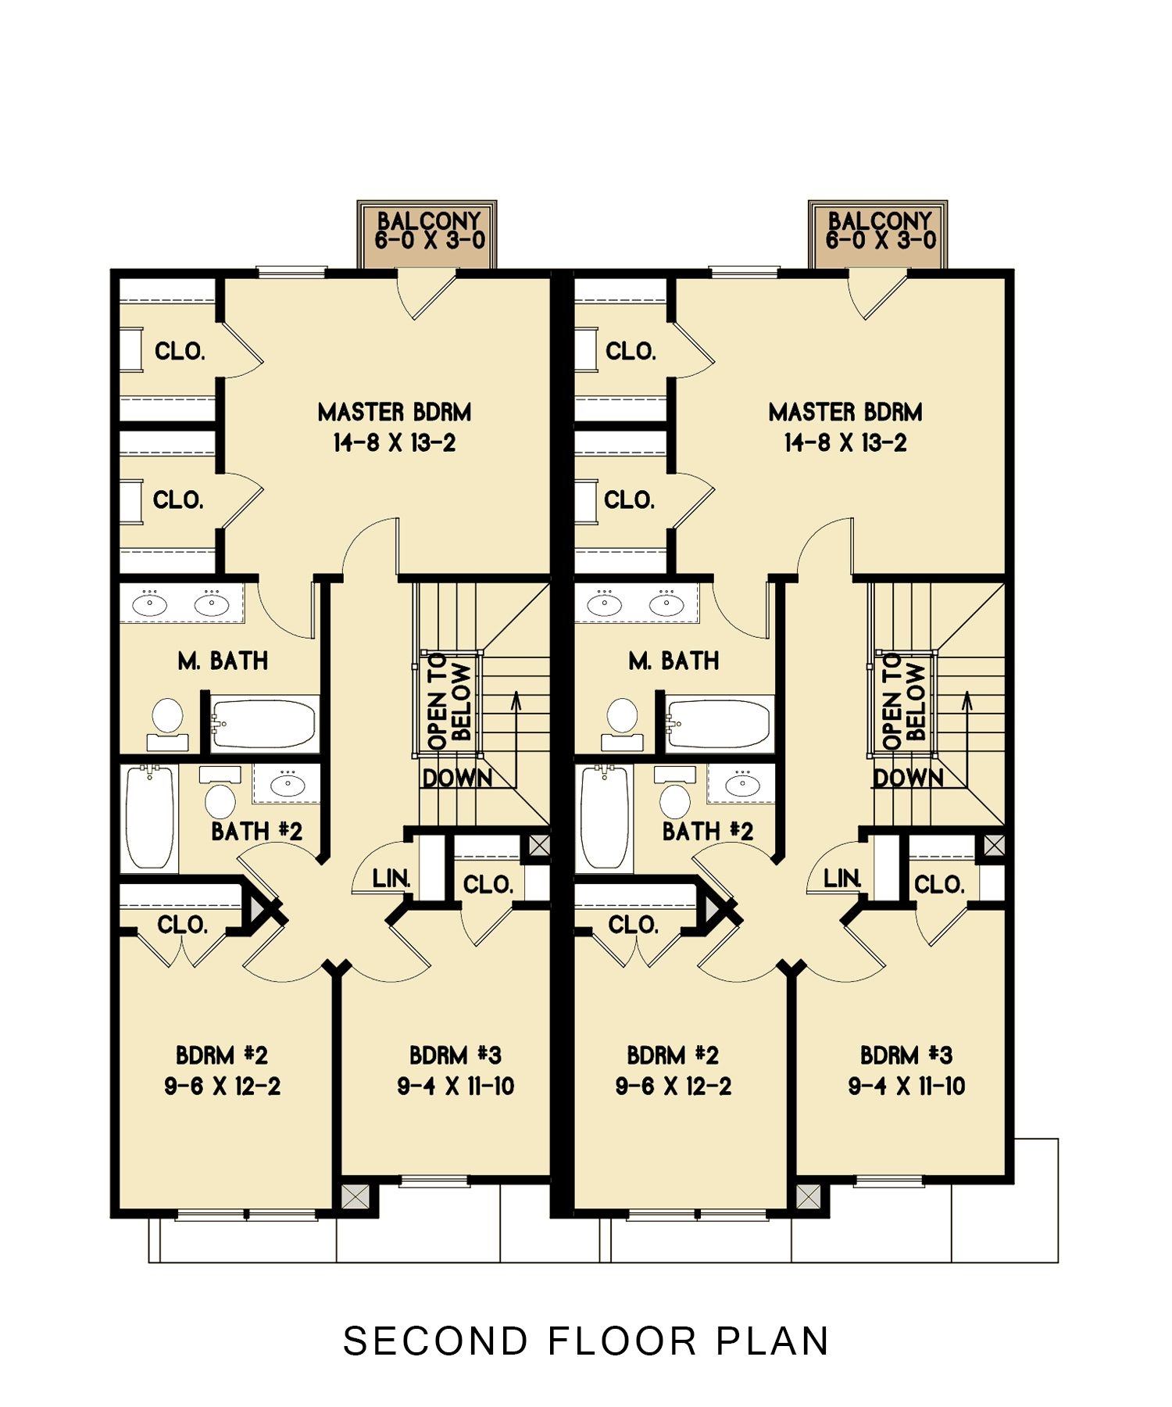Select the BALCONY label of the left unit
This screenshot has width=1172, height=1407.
click(x=428, y=221)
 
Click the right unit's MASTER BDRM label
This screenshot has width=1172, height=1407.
click(x=845, y=412)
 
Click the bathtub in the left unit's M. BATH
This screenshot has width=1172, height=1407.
click(x=264, y=723)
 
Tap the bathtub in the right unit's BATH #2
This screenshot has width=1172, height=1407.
click(x=604, y=817)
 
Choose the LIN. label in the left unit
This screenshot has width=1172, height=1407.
click(x=391, y=879)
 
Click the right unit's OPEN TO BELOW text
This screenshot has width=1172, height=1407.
click(x=904, y=702)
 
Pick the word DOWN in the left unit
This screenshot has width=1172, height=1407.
click(x=457, y=779)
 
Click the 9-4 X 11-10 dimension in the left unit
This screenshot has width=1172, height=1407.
click(x=456, y=1086)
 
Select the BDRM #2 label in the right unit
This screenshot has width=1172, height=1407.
click(x=673, y=1055)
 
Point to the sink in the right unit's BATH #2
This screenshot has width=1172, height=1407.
click(x=742, y=784)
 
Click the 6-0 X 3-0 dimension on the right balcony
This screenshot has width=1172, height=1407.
click(x=881, y=240)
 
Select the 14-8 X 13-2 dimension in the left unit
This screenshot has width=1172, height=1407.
click(x=395, y=443)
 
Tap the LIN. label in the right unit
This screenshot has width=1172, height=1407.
click(x=842, y=879)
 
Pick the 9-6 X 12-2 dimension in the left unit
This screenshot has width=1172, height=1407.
click(x=222, y=1086)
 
